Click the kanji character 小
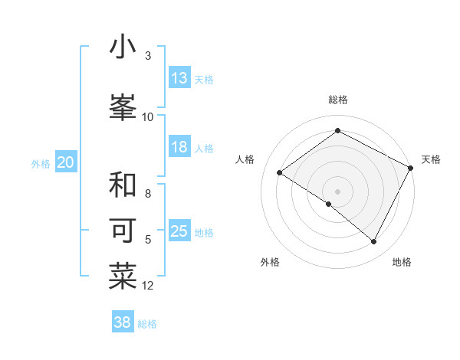point(123,47)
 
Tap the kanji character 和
point(123,185)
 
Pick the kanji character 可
point(123,231)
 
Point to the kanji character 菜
point(123,277)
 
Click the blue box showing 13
point(179,78)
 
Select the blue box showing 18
point(179,147)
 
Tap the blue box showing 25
point(179,232)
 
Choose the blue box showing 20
point(66,162)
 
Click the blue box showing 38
point(123,323)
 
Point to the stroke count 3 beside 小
point(147,56)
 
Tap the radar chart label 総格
point(337,100)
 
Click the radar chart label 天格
point(431,159)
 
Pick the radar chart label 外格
point(269,262)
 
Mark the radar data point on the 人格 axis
point(280,172)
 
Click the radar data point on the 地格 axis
point(374,242)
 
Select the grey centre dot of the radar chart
point(337,191)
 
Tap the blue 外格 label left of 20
point(41,163)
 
